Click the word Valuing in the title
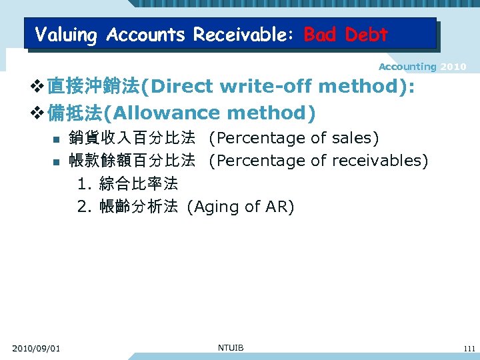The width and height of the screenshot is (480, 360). pos(67,34)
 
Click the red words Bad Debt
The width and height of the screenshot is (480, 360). pos(345,34)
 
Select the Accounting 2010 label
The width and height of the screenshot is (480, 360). pos(422,67)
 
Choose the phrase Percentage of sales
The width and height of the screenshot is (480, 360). pos(293,139)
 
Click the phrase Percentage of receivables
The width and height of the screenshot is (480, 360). pos(318,161)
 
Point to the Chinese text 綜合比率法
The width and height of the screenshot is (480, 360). pos(138,183)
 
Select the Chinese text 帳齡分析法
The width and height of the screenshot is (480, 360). pos(138,207)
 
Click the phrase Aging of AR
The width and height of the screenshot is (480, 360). pos(240,207)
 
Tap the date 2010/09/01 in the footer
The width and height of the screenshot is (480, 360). pos(36,348)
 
